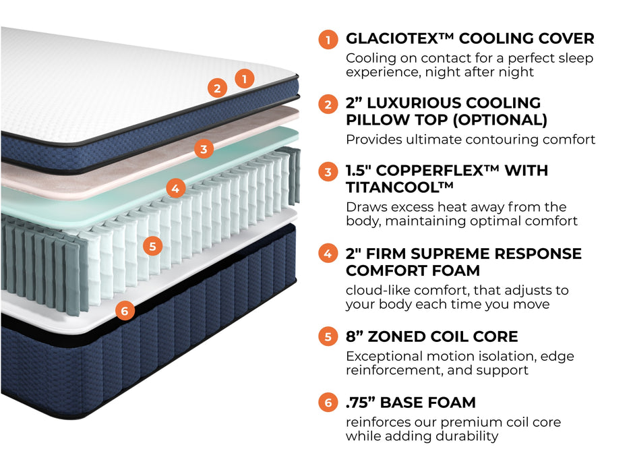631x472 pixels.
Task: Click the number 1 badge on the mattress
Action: tap(245, 78)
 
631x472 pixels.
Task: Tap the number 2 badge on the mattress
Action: tap(216, 88)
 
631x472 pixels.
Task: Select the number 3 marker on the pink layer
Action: tap(204, 149)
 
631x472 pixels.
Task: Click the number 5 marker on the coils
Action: tap(153, 246)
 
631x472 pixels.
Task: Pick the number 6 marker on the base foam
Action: tap(125, 311)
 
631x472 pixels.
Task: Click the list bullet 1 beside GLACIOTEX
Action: tap(328, 40)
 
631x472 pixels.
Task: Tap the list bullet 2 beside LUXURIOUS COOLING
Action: tap(328, 105)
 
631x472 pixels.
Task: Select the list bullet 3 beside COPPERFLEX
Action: tap(328, 172)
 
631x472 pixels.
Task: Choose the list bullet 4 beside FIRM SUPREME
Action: tap(328, 254)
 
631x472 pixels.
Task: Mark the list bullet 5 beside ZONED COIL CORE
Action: tap(328, 336)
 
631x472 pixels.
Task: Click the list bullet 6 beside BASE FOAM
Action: tap(328, 403)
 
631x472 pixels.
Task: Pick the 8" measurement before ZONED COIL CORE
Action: tap(355, 336)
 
